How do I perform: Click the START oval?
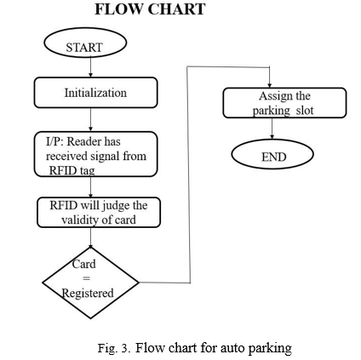pyautogui.click(x=85, y=43)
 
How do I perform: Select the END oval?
pyautogui.click(x=272, y=155)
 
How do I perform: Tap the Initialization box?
pyautogui.click(x=95, y=93)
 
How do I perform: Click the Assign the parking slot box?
pyautogui.click(x=284, y=103)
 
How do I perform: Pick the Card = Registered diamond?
pyautogui.click(x=90, y=283)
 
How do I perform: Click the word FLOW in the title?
pyautogui.click(x=118, y=9)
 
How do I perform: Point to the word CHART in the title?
pyautogui.click(x=176, y=9)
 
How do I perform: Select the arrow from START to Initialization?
pyautogui.click(x=90, y=67)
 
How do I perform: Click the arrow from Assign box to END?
pyautogui.click(x=272, y=129)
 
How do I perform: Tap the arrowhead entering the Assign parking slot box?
pyautogui.click(x=269, y=85)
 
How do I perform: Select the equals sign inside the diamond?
pyautogui.click(x=86, y=278)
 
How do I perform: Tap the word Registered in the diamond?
pyautogui.click(x=88, y=294)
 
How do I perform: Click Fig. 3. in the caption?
pyautogui.click(x=114, y=348)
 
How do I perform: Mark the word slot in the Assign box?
pyautogui.click(x=305, y=111)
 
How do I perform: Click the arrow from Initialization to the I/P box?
pyautogui.click(x=90, y=119)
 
